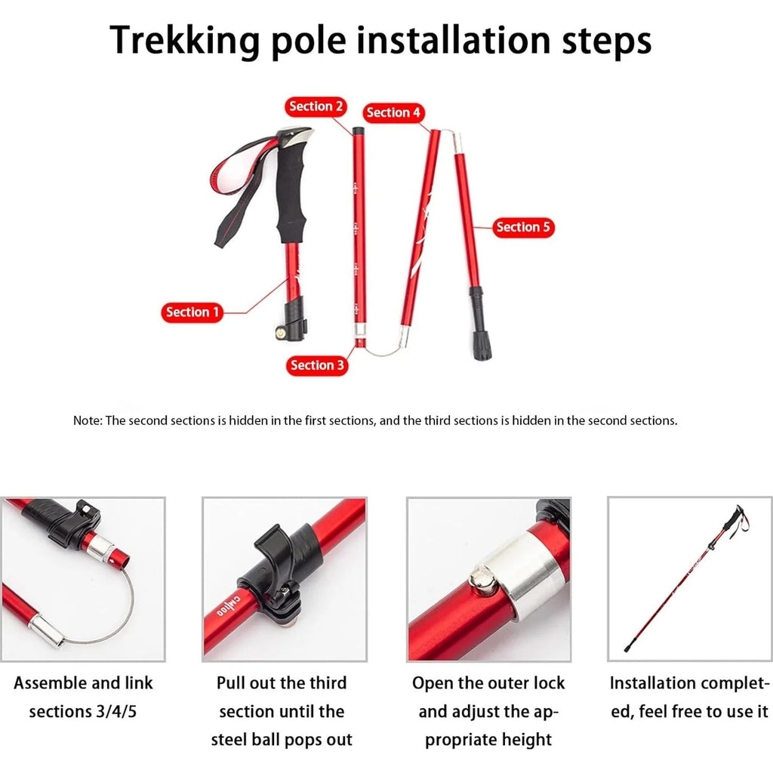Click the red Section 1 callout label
192,312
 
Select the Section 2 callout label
316,106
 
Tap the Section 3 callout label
317,365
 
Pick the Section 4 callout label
393,112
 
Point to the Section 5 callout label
523,227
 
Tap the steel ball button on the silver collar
480,581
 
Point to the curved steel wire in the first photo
106,619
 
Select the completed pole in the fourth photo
679,581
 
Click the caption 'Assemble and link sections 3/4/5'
83,697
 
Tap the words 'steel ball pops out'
282,740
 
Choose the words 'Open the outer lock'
488,683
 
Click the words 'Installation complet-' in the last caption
689,683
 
